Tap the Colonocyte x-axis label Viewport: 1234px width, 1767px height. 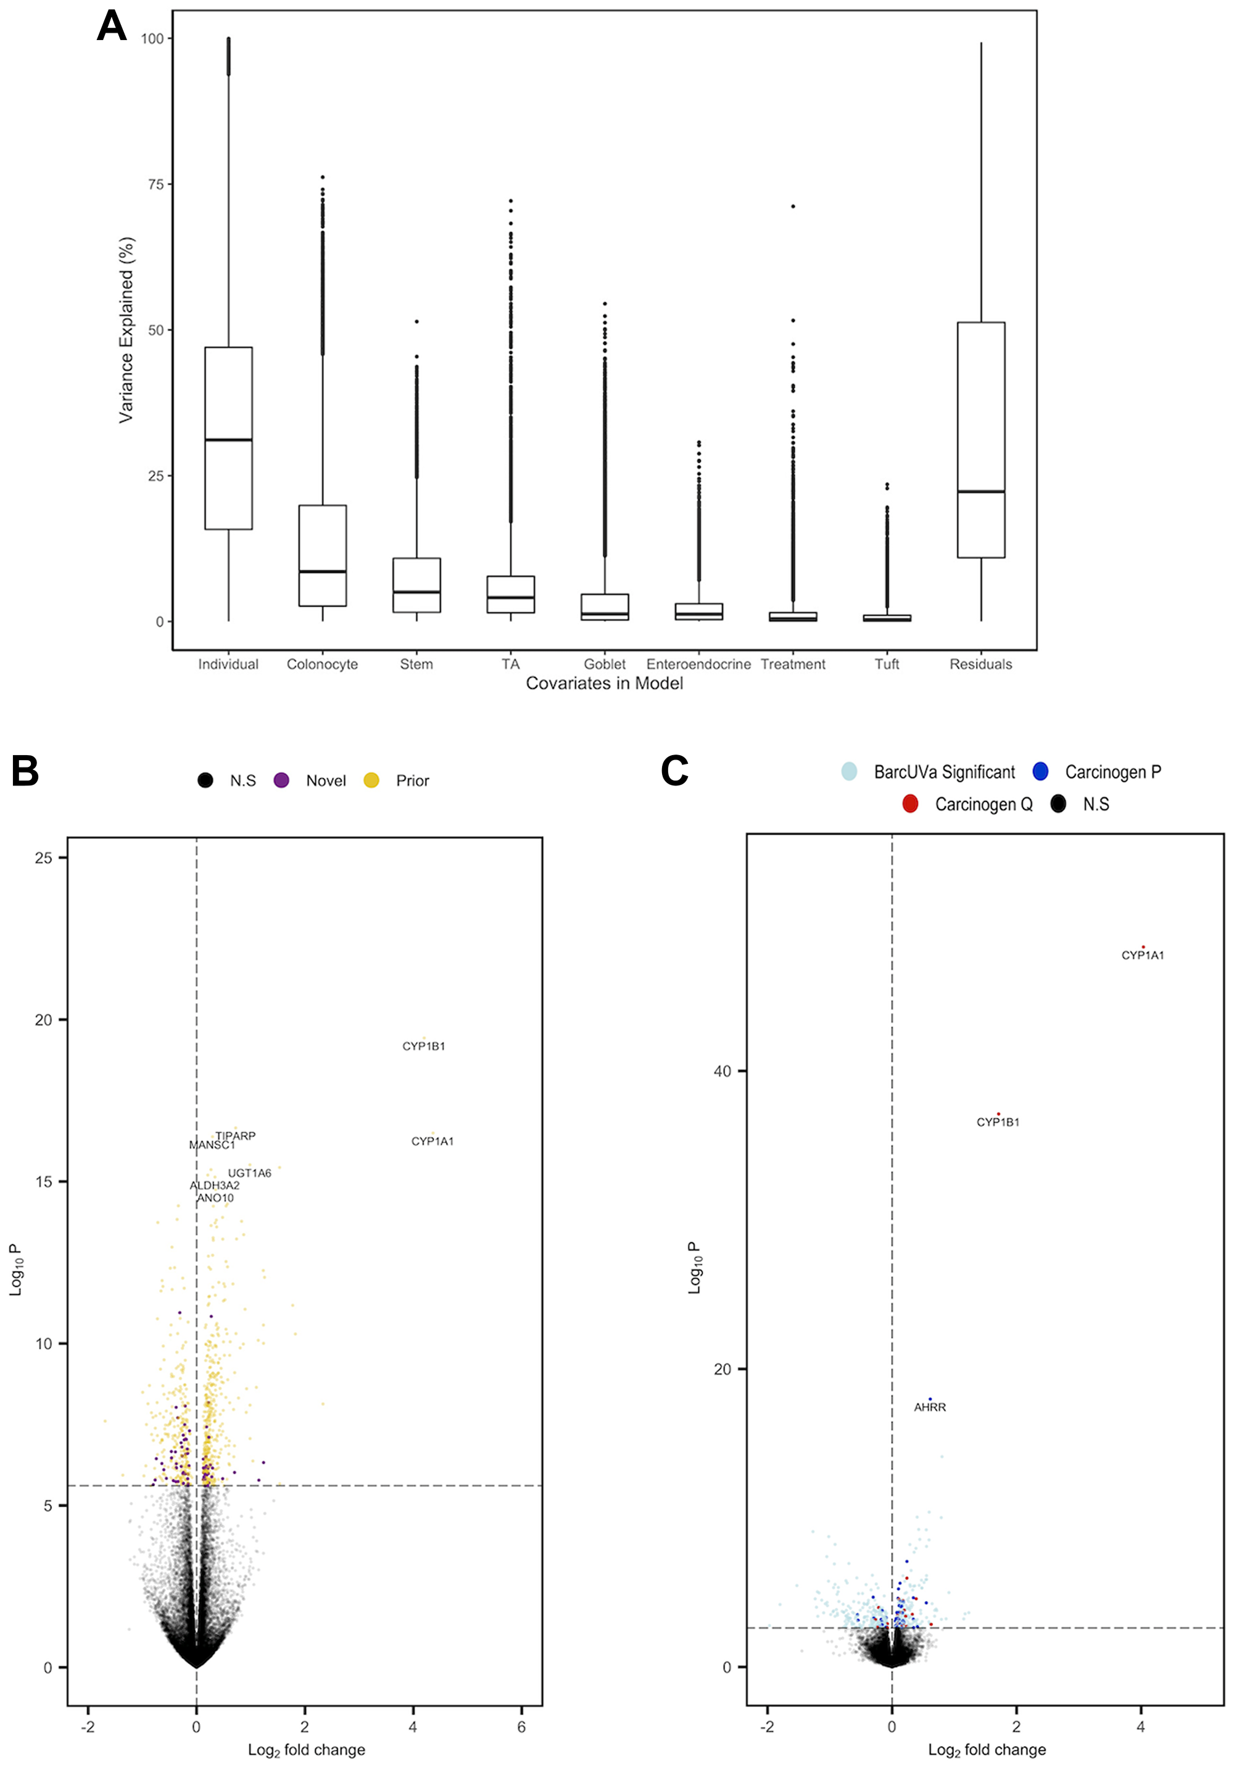point(322,664)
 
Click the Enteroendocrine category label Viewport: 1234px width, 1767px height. point(698,664)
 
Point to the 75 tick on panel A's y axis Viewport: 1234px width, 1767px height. point(155,184)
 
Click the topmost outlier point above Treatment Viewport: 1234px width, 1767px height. point(793,206)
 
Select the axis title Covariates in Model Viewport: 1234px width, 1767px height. point(604,684)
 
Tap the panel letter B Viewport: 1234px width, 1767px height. point(25,771)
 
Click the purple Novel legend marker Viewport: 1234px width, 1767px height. point(282,780)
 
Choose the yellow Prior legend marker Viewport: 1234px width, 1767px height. point(371,780)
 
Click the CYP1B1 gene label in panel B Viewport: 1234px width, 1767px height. point(423,1046)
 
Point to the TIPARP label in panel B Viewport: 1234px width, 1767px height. point(236,1136)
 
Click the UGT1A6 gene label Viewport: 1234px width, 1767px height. point(249,1173)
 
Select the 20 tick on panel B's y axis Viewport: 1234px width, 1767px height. point(44,1020)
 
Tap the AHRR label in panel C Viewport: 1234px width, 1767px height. point(930,1407)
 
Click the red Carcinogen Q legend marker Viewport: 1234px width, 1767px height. point(910,805)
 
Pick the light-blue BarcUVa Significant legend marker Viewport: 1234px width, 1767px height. point(849,771)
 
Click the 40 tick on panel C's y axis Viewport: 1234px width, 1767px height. point(722,1071)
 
